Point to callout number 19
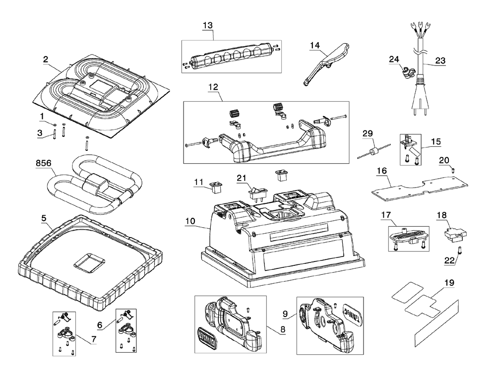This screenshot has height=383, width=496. [449, 282]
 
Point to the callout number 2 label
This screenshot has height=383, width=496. [45, 59]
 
